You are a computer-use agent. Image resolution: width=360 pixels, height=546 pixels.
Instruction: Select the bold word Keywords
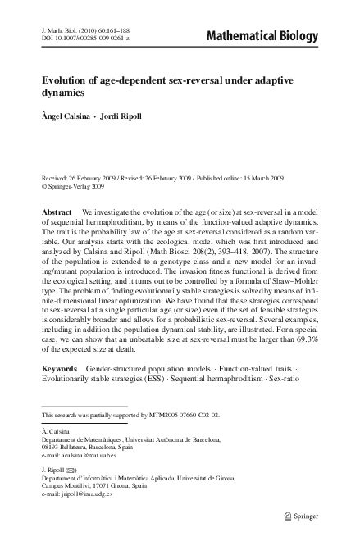pyautogui.click(x=62, y=370)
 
